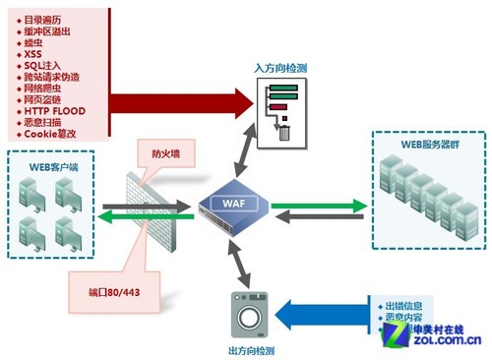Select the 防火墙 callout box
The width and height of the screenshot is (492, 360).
[x=165, y=153]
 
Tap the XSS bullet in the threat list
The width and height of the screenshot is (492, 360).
[x=34, y=53]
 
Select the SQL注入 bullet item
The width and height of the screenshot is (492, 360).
[x=44, y=65]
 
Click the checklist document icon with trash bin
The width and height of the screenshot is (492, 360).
[x=281, y=107]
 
